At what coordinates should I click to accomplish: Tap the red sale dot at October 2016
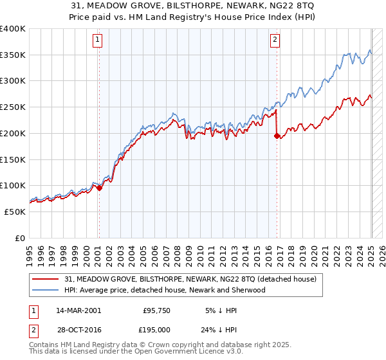pyautogui.click(x=277, y=136)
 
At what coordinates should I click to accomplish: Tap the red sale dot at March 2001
pyautogui.click(x=99, y=188)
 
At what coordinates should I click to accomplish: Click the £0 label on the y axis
pyautogui.click(x=21, y=238)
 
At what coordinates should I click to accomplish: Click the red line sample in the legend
pyautogui.click(x=46, y=280)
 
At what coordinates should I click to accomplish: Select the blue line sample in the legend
pyautogui.click(x=46, y=290)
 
